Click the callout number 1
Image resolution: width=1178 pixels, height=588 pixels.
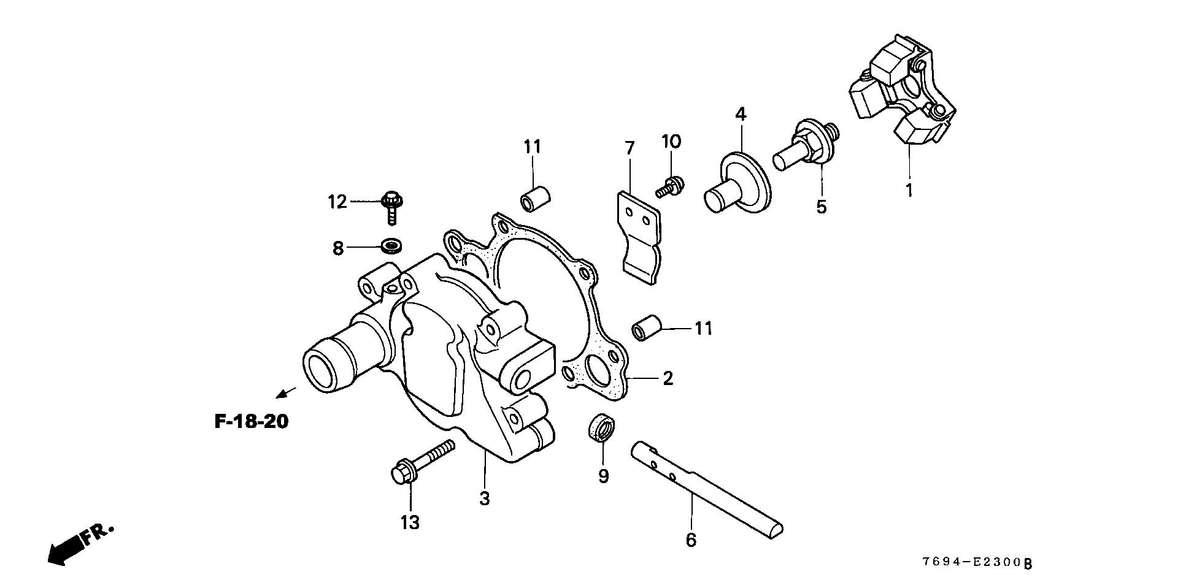909,190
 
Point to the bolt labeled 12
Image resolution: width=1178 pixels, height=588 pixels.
391,205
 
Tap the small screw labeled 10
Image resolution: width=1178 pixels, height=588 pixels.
671,185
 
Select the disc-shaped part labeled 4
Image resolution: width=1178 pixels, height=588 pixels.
736,182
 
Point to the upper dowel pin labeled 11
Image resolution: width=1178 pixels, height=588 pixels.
535,197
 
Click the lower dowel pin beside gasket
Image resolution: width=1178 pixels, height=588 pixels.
646,328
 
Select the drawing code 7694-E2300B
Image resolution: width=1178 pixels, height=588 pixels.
977,563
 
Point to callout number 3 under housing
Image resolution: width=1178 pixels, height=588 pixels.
485,498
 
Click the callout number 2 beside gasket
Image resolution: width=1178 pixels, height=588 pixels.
668,378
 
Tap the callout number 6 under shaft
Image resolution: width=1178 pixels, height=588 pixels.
691,540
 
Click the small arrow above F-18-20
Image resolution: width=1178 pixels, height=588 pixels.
286,392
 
